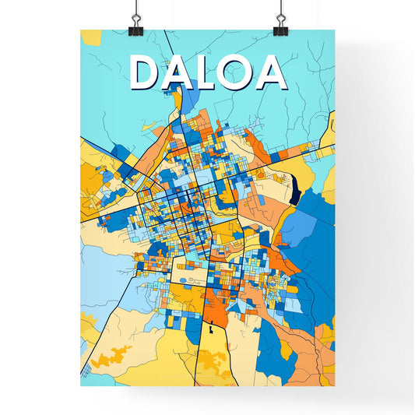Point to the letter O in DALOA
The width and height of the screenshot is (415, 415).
[x=239, y=72]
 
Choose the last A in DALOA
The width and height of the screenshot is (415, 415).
[x=272, y=72]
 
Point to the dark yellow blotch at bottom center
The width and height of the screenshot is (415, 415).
[x=212, y=361]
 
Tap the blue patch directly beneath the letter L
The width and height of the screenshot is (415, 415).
[x=190, y=101]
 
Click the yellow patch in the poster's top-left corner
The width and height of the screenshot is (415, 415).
[x=90, y=37]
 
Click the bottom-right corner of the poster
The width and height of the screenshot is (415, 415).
[x=333, y=385]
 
